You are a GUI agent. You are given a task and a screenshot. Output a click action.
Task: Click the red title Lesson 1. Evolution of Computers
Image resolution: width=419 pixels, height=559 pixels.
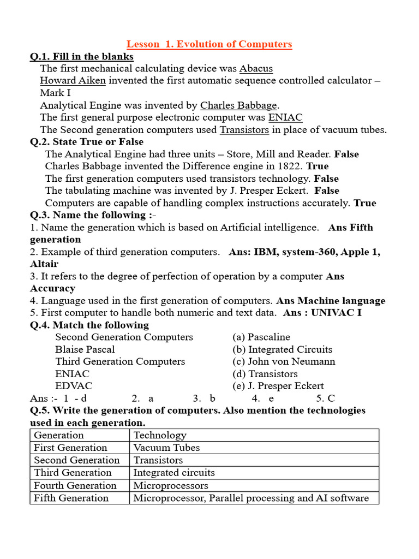pyautogui.click(x=209, y=44)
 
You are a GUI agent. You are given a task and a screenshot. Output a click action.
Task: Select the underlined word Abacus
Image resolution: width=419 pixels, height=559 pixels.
pyautogui.click(x=256, y=69)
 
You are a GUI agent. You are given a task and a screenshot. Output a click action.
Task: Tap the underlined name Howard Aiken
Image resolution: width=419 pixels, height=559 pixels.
pyautogui.click(x=73, y=81)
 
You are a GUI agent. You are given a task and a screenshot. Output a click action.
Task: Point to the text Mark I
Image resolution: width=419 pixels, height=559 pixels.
pyautogui.click(x=55, y=93)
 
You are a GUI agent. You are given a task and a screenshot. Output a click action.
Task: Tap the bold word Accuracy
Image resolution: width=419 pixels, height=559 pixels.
pyautogui.click(x=52, y=288)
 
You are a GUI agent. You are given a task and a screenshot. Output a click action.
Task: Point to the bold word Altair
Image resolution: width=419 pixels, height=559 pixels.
pyautogui.click(x=44, y=264)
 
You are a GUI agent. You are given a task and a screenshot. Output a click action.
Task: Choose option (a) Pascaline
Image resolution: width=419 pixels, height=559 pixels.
pyautogui.click(x=261, y=337)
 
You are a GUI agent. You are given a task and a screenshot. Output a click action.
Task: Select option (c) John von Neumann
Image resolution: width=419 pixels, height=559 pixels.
pyautogui.click(x=284, y=361)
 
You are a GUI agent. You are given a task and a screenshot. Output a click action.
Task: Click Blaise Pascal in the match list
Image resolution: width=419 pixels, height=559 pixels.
pyautogui.click(x=85, y=349)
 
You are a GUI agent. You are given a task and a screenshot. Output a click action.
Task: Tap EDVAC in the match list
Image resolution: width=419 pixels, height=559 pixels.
pyautogui.click(x=73, y=386)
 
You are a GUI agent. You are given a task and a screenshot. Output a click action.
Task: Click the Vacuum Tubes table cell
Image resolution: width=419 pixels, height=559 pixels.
pyautogui.click(x=167, y=448)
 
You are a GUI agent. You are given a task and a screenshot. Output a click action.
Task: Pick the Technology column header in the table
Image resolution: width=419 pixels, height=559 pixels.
pyautogui.click(x=160, y=435)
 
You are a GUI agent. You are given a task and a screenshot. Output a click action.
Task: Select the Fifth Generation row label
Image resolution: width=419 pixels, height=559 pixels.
pyautogui.click(x=71, y=498)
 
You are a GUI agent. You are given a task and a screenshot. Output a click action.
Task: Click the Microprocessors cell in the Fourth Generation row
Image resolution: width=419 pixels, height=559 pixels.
pyautogui.click(x=171, y=485)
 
